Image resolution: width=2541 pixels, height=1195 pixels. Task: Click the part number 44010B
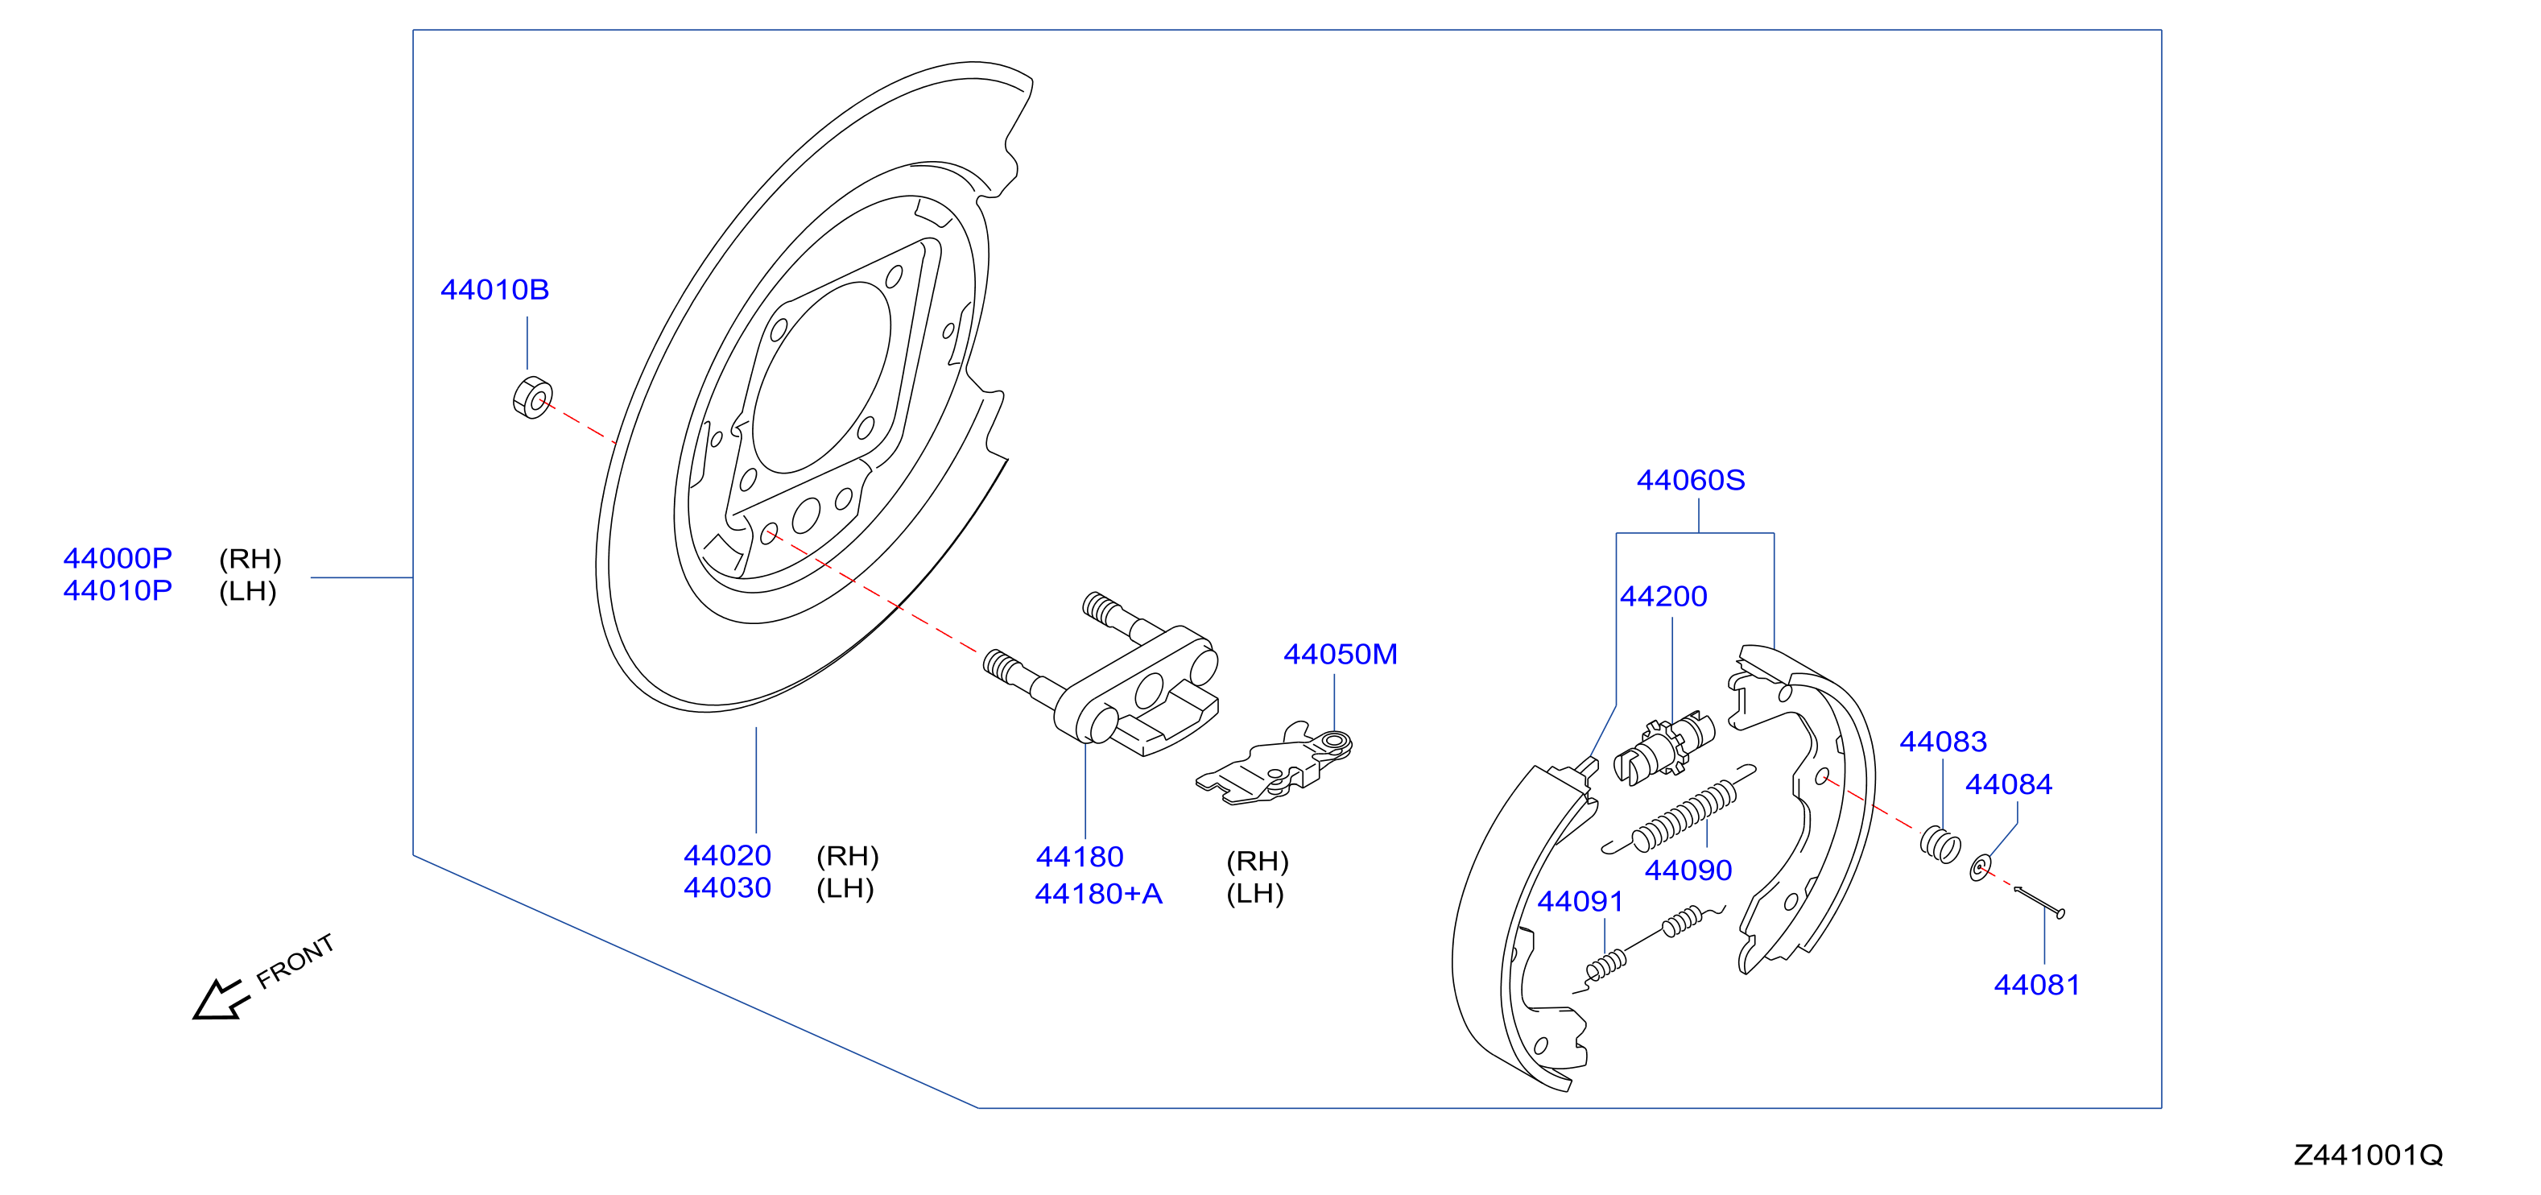[494, 290]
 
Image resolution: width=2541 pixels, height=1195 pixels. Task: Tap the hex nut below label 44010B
[533, 398]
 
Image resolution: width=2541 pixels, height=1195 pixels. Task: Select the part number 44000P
[118, 559]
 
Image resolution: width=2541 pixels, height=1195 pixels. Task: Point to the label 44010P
[118, 591]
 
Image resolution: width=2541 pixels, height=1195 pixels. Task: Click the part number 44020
[727, 855]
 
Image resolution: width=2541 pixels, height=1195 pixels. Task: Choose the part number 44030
[727, 888]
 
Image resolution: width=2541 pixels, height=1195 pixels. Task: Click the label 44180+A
[1098, 894]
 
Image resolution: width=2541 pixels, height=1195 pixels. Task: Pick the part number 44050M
[1340, 654]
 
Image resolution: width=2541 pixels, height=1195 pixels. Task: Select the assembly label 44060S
[1691, 481]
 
